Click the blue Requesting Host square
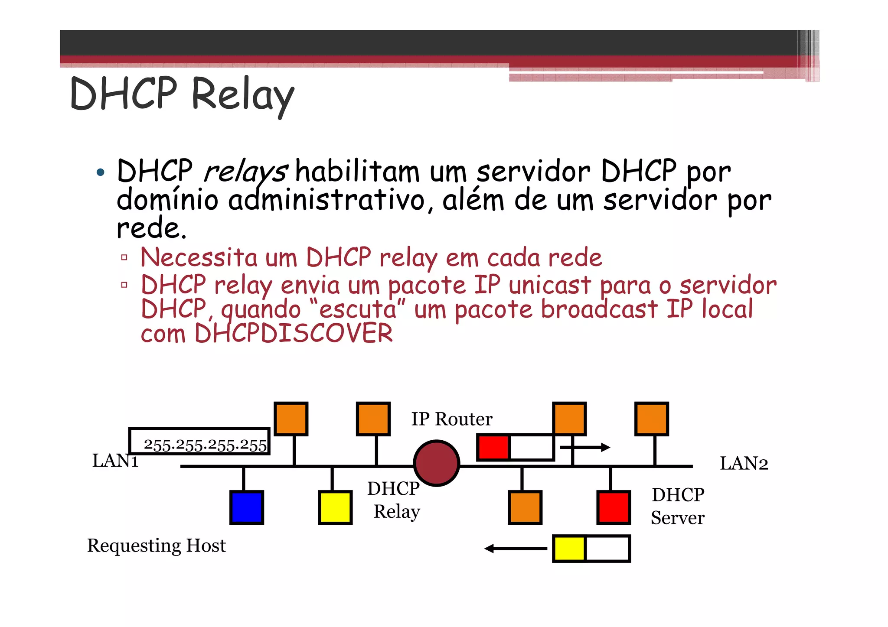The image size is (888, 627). pos(246,507)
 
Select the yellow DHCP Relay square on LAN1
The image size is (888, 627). pos(335,507)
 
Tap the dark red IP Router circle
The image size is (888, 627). pos(436,463)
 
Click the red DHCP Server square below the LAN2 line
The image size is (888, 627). pos(614,507)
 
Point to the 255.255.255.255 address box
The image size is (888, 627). pos(199,441)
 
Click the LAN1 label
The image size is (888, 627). pos(115,461)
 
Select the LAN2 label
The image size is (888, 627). pos(744,464)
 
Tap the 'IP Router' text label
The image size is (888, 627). pos(451,419)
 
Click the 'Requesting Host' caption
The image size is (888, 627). pos(157,546)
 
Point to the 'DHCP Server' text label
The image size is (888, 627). pos(678,506)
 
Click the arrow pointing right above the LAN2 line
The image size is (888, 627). pos(585,447)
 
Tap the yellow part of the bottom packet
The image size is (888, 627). pos(569,549)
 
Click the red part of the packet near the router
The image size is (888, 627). pos(493,447)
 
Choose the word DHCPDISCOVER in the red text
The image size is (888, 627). pos(294,333)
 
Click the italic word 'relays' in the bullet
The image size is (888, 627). pos(245,172)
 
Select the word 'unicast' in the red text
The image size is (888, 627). pos(550,286)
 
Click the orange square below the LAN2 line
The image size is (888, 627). pos(525,507)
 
